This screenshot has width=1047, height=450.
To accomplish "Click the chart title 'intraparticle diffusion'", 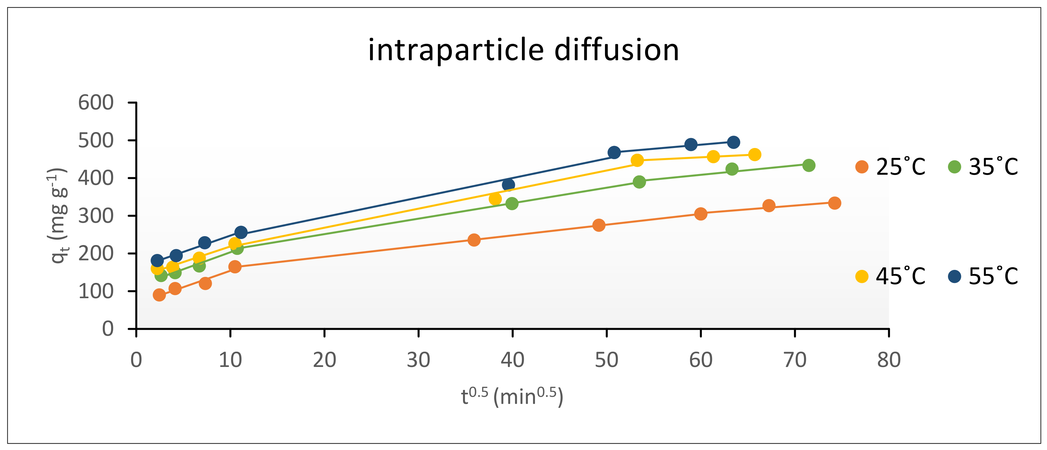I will point(523,50).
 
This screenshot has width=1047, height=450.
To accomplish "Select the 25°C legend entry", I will point(890,166).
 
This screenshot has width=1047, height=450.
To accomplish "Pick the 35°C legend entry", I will point(983,166).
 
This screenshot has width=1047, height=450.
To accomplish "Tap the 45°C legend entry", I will point(890,276).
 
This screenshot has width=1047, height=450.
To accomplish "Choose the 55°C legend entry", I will point(983,276).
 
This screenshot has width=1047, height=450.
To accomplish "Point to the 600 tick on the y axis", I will point(96,103).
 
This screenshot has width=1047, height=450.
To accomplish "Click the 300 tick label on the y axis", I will point(96,216).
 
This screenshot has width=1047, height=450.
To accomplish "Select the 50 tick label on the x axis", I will point(606,360).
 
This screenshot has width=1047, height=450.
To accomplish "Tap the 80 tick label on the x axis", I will point(889,360).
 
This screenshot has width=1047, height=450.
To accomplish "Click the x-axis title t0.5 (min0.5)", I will point(512,397).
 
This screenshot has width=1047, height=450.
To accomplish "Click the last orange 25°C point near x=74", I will point(834,203).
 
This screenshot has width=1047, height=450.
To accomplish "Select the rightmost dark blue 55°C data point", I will point(733,142).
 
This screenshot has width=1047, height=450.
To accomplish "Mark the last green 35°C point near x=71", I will point(809,165).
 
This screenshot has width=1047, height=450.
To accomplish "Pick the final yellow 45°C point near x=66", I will point(754,154).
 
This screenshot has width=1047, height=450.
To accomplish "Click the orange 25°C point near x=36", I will point(474,240).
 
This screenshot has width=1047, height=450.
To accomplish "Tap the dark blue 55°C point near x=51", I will point(614,153).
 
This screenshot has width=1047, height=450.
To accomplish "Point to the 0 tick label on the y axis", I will point(108,328).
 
